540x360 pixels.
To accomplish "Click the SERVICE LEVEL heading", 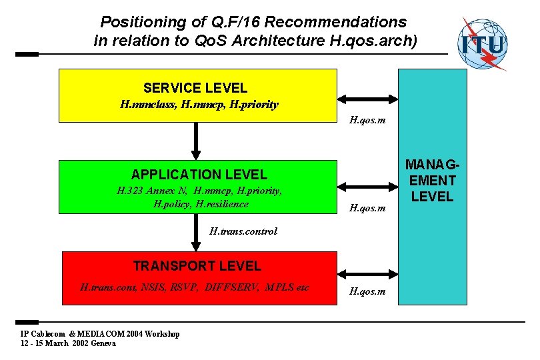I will pos(195,87).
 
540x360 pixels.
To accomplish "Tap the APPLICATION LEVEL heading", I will pos(199,175).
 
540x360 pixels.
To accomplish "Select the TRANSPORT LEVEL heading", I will pos(197,265).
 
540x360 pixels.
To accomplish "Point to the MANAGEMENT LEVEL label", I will pos(432,180).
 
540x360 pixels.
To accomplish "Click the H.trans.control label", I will pos(243,231).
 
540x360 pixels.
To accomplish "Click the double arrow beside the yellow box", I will pos(367,99).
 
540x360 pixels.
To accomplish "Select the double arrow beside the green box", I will pos(367,186).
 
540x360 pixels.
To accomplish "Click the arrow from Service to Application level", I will pos(197,141).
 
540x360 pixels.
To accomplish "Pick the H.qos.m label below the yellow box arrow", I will pos(367,121).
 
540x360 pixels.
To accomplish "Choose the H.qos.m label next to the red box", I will pos(367,291).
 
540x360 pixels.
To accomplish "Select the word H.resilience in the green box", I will pos(222,204).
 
